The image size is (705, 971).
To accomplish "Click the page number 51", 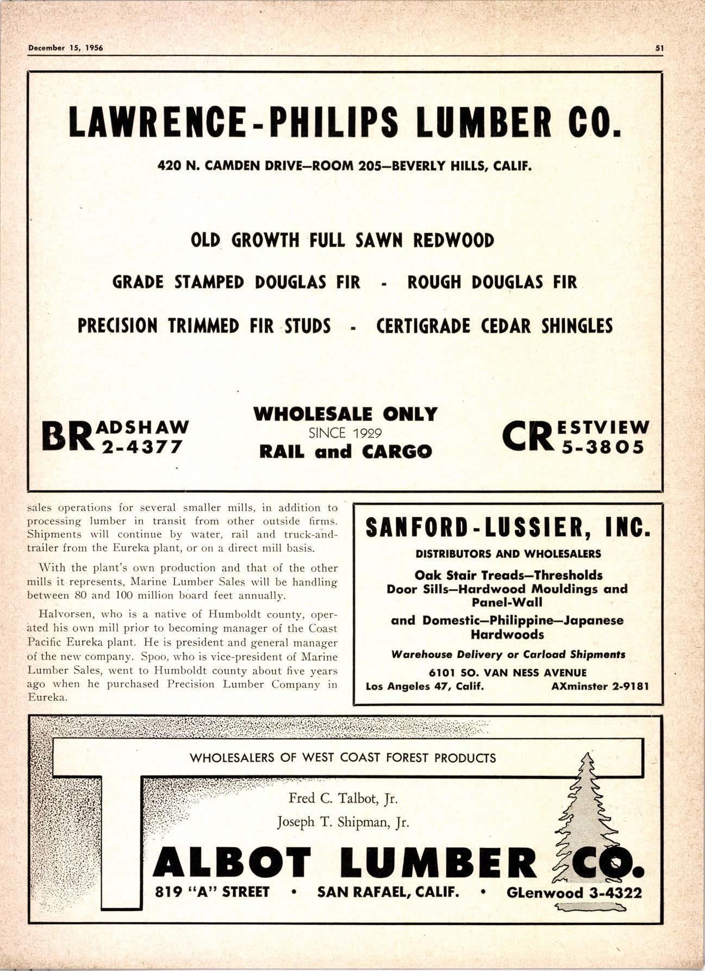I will point(659,47).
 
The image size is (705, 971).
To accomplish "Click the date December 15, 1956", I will point(65,47).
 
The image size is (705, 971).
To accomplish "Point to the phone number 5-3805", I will point(603,447).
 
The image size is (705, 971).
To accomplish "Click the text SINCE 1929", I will point(345,433).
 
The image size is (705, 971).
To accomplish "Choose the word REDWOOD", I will point(453,240).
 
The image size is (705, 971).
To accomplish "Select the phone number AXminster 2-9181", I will point(600,686).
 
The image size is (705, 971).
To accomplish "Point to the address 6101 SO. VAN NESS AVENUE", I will point(508,673).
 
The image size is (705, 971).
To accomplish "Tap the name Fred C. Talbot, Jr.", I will point(343,798).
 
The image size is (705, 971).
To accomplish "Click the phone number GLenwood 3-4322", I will point(574,893).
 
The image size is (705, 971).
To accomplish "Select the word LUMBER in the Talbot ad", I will point(440,862).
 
